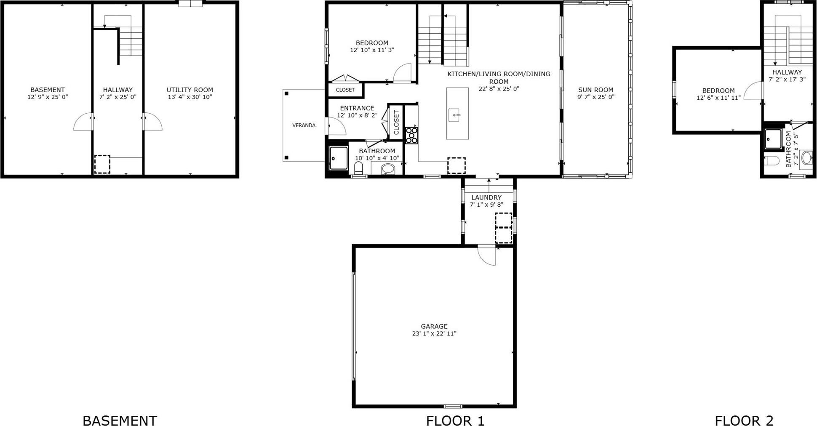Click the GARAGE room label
[434, 326]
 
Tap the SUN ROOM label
[595, 90]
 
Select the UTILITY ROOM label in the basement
[190, 90]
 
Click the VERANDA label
[304, 125]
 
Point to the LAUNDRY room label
[486, 197]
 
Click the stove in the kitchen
[412, 136]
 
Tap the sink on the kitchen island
[454, 114]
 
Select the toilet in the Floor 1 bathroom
[359, 168]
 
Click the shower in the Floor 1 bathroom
[339, 158]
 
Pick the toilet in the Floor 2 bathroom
[772, 161]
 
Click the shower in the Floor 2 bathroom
[773, 139]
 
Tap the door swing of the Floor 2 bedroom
[754, 91]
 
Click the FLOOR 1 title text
[455, 421]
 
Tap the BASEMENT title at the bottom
[120, 421]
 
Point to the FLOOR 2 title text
[744, 421]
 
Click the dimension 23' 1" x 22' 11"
[434, 333]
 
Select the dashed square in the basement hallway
[102, 164]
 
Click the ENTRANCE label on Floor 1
[357, 108]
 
